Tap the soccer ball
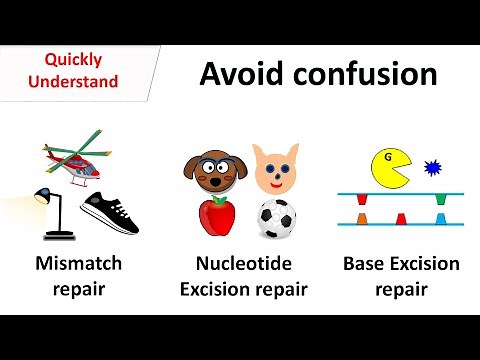click(x=275, y=218)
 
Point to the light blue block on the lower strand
click(x=440, y=218)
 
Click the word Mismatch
click(x=78, y=265)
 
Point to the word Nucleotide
click(x=243, y=265)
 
